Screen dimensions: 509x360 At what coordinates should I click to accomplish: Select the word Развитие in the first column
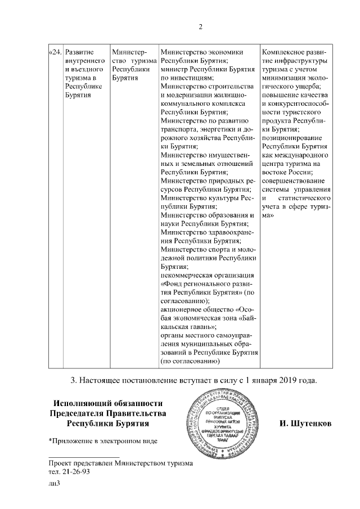79,53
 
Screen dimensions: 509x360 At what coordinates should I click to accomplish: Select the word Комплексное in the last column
285,53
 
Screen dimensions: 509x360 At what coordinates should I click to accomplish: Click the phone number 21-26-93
75,471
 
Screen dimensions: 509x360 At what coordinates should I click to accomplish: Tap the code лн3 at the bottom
54,484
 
